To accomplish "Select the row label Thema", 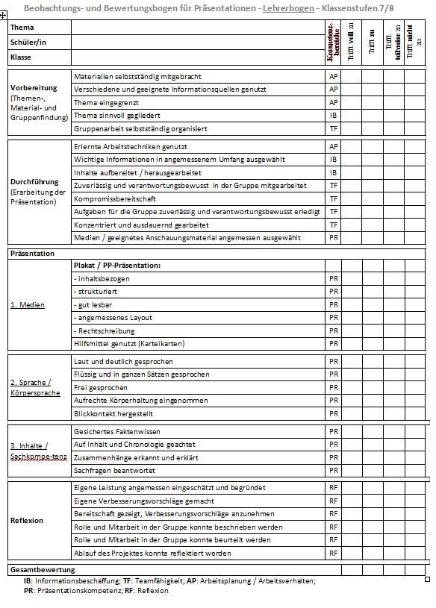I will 22,28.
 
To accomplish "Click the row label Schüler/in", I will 28,43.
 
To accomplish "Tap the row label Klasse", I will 21,57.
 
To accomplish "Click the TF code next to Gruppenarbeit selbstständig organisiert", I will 333,129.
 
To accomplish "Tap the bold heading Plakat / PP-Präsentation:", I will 117,265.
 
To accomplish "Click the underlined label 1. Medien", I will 28,304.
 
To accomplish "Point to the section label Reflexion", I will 27,521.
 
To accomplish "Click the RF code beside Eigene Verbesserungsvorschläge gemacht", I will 333,501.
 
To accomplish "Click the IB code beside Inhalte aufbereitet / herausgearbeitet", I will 333,172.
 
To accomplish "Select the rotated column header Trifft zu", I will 373,43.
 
